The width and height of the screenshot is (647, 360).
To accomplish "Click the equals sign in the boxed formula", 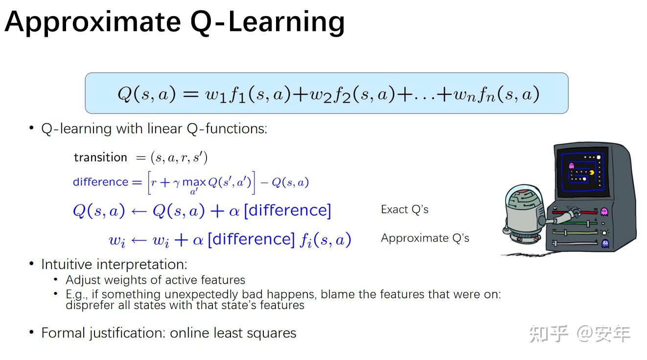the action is (191, 94).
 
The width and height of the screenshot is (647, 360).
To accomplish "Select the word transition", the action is (100, 157).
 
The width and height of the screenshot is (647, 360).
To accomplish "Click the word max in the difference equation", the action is (194, 182).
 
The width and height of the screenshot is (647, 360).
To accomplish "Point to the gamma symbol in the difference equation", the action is (177, 183).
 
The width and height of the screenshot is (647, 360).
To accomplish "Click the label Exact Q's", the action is (404, 209).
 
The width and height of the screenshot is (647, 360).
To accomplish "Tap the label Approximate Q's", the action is (425, 238).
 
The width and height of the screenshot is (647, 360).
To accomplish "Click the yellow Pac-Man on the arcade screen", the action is (592, 173).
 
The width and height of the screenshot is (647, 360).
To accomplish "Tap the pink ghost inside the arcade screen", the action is (571, 166).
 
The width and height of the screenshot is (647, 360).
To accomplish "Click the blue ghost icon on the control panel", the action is (605, 244).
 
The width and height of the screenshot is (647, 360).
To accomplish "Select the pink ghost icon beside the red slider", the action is (604, 212).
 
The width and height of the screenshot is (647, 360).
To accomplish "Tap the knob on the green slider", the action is (588, 224).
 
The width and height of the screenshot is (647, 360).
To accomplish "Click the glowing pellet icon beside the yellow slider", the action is (604, 233).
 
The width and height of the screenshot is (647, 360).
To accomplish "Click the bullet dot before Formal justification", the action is (31, 332).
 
